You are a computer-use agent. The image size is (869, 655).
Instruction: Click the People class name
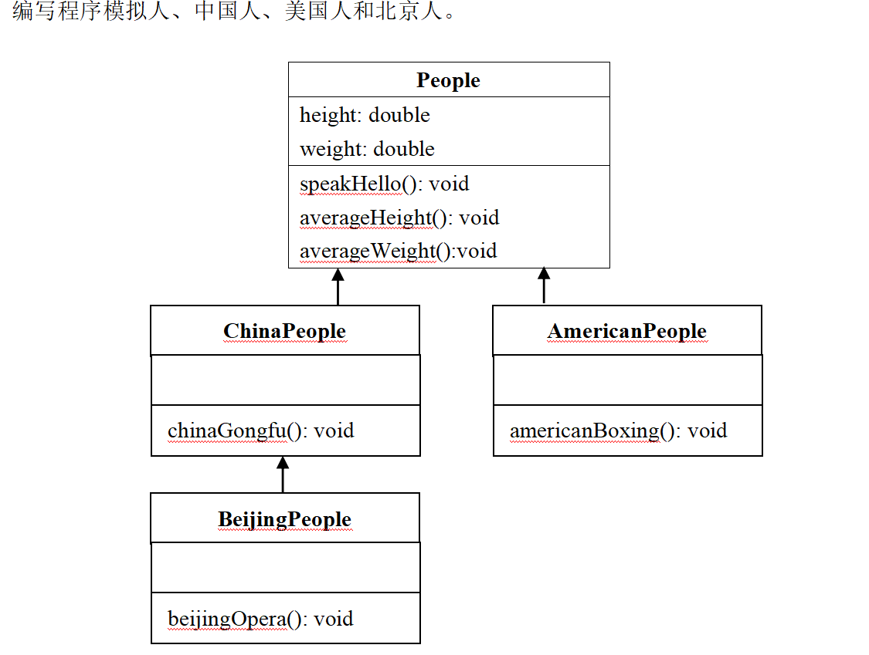pos(448,80)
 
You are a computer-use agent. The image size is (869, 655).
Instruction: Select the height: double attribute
pos(365,115)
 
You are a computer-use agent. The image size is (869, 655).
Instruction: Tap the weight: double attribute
pos(367,149)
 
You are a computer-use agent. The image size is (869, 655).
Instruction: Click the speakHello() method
pos(384,184)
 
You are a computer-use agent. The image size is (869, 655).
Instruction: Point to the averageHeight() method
pos(399,218)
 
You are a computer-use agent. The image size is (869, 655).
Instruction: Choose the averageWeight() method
pos(398,251)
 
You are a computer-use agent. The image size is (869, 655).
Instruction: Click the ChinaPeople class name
pos(284,331)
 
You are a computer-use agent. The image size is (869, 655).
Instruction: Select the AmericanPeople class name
pos(626,331)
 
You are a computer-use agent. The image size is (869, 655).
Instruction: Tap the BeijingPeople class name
pos(284,519)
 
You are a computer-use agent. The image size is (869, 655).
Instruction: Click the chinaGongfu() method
pos(260,430)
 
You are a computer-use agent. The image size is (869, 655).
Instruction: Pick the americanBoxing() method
pos(618,430)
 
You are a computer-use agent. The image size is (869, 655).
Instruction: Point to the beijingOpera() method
pos(260,618)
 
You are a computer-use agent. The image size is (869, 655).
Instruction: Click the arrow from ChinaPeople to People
pos(337,286)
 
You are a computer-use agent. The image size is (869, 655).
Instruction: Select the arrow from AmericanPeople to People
pos(544,286)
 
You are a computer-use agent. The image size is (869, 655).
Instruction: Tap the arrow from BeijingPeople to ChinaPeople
pos(283,474)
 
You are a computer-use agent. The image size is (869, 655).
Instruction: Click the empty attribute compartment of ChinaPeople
pos(285,380)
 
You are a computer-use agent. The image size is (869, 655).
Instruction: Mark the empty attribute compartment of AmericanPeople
pos(627,380)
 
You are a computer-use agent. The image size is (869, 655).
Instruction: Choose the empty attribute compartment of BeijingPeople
pos(285,567)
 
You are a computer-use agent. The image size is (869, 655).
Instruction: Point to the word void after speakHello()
pos(449,184)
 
